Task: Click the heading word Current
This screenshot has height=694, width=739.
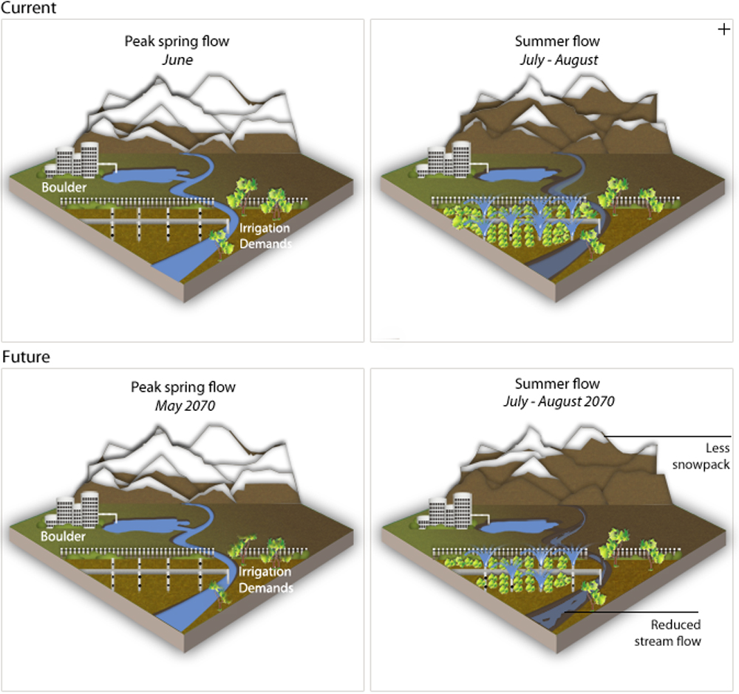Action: click(x=29, y=8)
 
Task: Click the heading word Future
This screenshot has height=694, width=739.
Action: click(x=26, y=357)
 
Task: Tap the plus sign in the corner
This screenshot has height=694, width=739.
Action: click(x=723, y=30)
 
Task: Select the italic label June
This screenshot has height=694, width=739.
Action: click(x=177, y=60)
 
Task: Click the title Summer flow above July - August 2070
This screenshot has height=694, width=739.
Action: click(x=557, y=384)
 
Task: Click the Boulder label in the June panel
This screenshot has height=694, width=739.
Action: click(x=64, y=188)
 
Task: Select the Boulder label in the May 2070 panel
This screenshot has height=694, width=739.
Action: click(x=64, y=536)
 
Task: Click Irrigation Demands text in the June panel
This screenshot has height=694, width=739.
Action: click(x=265, y=236)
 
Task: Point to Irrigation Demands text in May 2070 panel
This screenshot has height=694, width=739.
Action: click(x=265, y=580)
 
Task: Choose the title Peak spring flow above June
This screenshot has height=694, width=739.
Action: click(x=177, y=41)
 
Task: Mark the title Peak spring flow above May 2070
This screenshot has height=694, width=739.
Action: click(x=183, y=387)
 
